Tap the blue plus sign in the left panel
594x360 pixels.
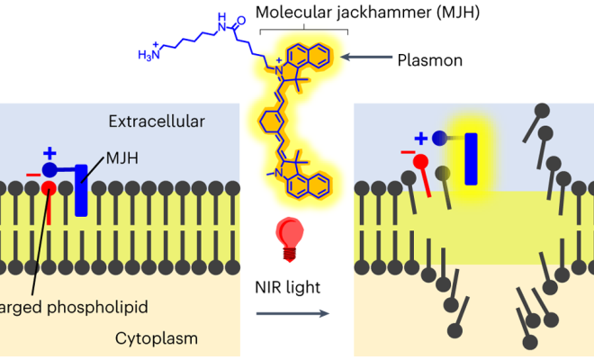(x=49, y=153)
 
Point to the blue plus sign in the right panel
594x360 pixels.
(x=420, y=137)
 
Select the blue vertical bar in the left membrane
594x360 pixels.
(x=82, y=188)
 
